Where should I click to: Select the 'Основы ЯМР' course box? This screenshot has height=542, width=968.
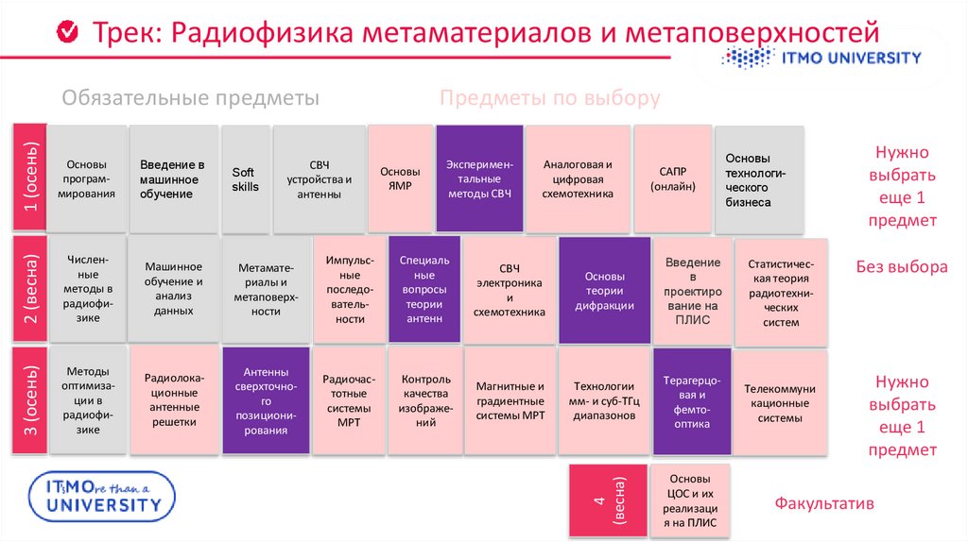coord(400,178)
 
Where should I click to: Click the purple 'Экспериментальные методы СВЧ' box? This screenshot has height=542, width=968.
coord(479,178)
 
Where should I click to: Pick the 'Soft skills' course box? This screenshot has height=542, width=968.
coord(245,179)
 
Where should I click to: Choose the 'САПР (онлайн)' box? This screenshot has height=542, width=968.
coord(672,178)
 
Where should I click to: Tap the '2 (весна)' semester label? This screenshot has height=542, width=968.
coord(28,289)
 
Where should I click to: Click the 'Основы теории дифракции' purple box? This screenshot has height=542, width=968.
coord(604,290)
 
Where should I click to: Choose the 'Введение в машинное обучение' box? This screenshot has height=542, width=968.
coord(173,179)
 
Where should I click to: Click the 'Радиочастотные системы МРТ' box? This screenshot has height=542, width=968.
coord(349,401)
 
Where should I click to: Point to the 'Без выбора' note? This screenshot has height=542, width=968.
coord(901,267)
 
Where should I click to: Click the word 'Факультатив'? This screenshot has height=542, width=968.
coord(824,503)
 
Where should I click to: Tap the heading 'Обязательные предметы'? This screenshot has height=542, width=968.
coord(190,98)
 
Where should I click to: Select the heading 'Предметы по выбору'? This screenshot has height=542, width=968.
coord(549,98)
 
